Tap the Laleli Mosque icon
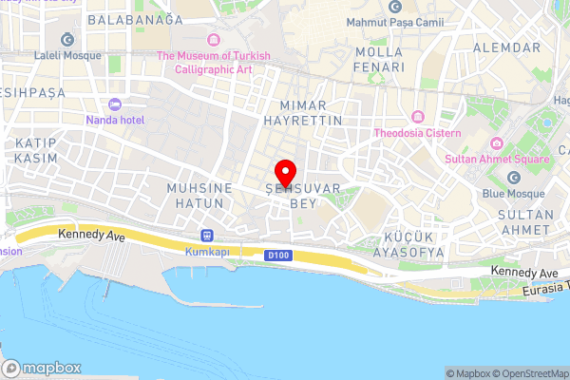tap(67, 39)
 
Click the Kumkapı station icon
tap(207, 236)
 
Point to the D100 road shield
tap(275, 255)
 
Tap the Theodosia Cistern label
tap(418, 133)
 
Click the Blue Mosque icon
tap(514, 178)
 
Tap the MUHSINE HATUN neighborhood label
tap(199, 196)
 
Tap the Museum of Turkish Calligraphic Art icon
tap(214, 39)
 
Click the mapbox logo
tap(43, 368)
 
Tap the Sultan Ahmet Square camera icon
tap(495, 143)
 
